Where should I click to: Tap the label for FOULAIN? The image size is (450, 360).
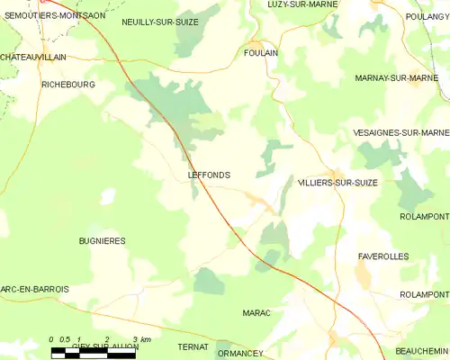(260, 53)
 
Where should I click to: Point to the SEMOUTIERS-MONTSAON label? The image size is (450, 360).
(53, 15)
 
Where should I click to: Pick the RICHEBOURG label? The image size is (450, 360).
(68, 84)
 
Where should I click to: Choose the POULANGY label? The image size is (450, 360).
(428, 15)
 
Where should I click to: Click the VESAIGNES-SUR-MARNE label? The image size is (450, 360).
(402, 133)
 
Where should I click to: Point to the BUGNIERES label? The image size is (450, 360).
(102, 241)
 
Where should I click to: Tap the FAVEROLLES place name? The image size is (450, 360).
(382, 256)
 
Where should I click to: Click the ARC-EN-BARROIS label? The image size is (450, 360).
(34, 288)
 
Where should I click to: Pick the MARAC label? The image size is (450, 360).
(256, 312)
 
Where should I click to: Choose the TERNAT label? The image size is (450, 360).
(193, 346)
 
